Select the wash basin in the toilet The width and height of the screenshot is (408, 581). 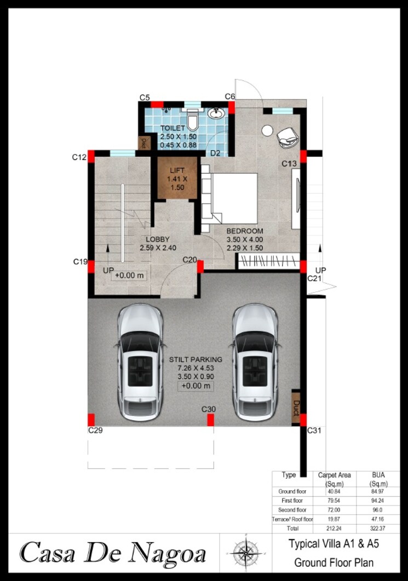pos(217,114)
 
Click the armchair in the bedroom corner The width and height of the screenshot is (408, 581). pos(287,137)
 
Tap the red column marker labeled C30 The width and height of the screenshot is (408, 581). pos(210,420)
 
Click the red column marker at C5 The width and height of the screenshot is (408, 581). pos(157,104)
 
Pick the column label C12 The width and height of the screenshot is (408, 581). pos(79,158)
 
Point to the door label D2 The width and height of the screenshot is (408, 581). pos(215,153)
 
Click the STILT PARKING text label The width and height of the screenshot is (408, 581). pos(196,359)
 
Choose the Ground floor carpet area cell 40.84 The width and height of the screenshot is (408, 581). pos(335,492)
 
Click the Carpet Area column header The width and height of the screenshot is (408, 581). pos(335,479)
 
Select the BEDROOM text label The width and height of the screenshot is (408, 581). pos(245,231)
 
